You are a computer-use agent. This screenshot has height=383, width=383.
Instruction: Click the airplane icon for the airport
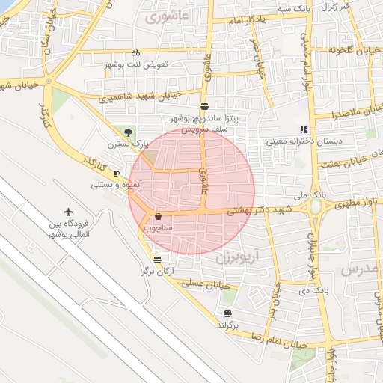[x=69, y=212]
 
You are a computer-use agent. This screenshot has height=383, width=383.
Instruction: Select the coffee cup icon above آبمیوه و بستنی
[x=117, y=173]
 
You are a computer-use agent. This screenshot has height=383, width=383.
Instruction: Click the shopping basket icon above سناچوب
[x=157, y=217]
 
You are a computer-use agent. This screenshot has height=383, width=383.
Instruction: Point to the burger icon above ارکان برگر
[x=157, y=260]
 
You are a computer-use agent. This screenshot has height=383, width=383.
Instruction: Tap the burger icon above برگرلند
[x=227, y=313]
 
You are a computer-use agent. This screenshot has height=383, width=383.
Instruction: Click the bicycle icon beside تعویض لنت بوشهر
[x=135, y=53]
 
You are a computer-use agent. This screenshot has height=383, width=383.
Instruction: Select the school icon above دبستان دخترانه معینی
[x=304, y=129]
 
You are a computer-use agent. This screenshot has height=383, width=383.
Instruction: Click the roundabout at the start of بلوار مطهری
[x=317, y=207]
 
